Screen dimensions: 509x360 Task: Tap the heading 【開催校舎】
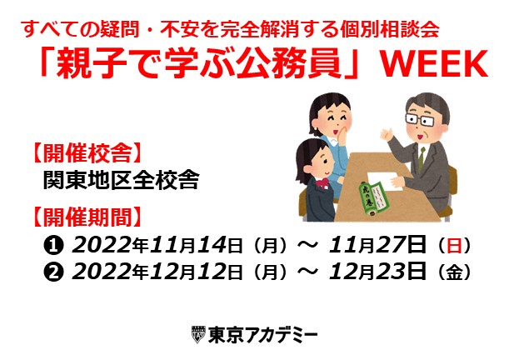coord(87,152)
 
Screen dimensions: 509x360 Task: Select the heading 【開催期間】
coord(87,217)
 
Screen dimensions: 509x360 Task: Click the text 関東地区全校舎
coord(121,180)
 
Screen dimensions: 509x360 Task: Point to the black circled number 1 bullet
coord(53,246)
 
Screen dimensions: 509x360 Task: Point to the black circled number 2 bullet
coord(53,272)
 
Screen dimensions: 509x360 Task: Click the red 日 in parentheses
coord(454,246)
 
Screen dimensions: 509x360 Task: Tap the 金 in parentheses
coord(454,272)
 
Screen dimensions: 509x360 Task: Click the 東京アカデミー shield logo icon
coord(198,334)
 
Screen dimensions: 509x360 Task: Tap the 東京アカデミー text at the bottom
coord(262,335)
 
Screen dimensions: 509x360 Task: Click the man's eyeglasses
coord(419,119)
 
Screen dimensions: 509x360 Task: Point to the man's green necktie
coord(421,160)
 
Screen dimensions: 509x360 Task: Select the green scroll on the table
coord(374,198)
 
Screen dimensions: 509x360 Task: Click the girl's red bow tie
coord(322,183)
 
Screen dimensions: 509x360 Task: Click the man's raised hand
coord(387,134)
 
